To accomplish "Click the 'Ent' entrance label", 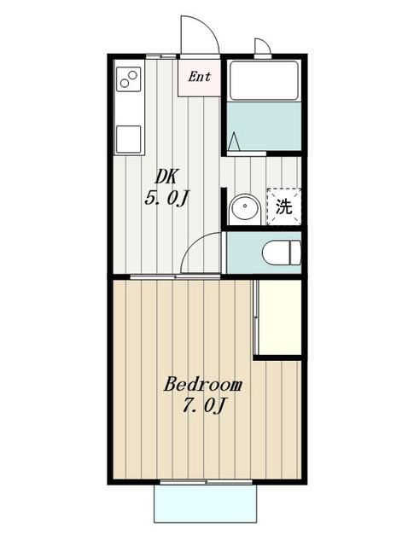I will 200,77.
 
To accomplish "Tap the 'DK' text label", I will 166,177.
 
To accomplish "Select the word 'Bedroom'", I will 203,384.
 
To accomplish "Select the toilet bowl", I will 282,253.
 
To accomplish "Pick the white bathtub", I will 264,82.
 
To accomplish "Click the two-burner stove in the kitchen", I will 129,79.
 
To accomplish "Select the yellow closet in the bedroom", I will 279,317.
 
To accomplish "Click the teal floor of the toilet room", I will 244,252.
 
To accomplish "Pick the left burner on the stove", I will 125,83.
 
